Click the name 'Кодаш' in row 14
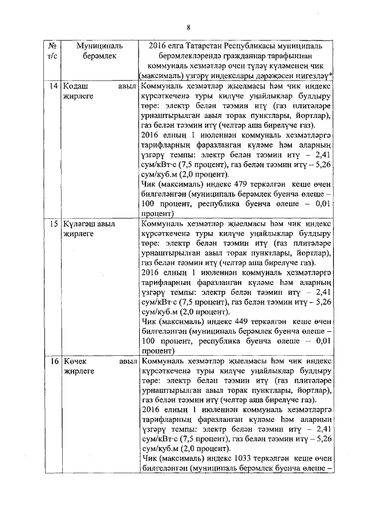coord(76,86)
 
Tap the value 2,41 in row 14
coord(323,154)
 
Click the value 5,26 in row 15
coord(323,302)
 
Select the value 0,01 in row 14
coord(323,204)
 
